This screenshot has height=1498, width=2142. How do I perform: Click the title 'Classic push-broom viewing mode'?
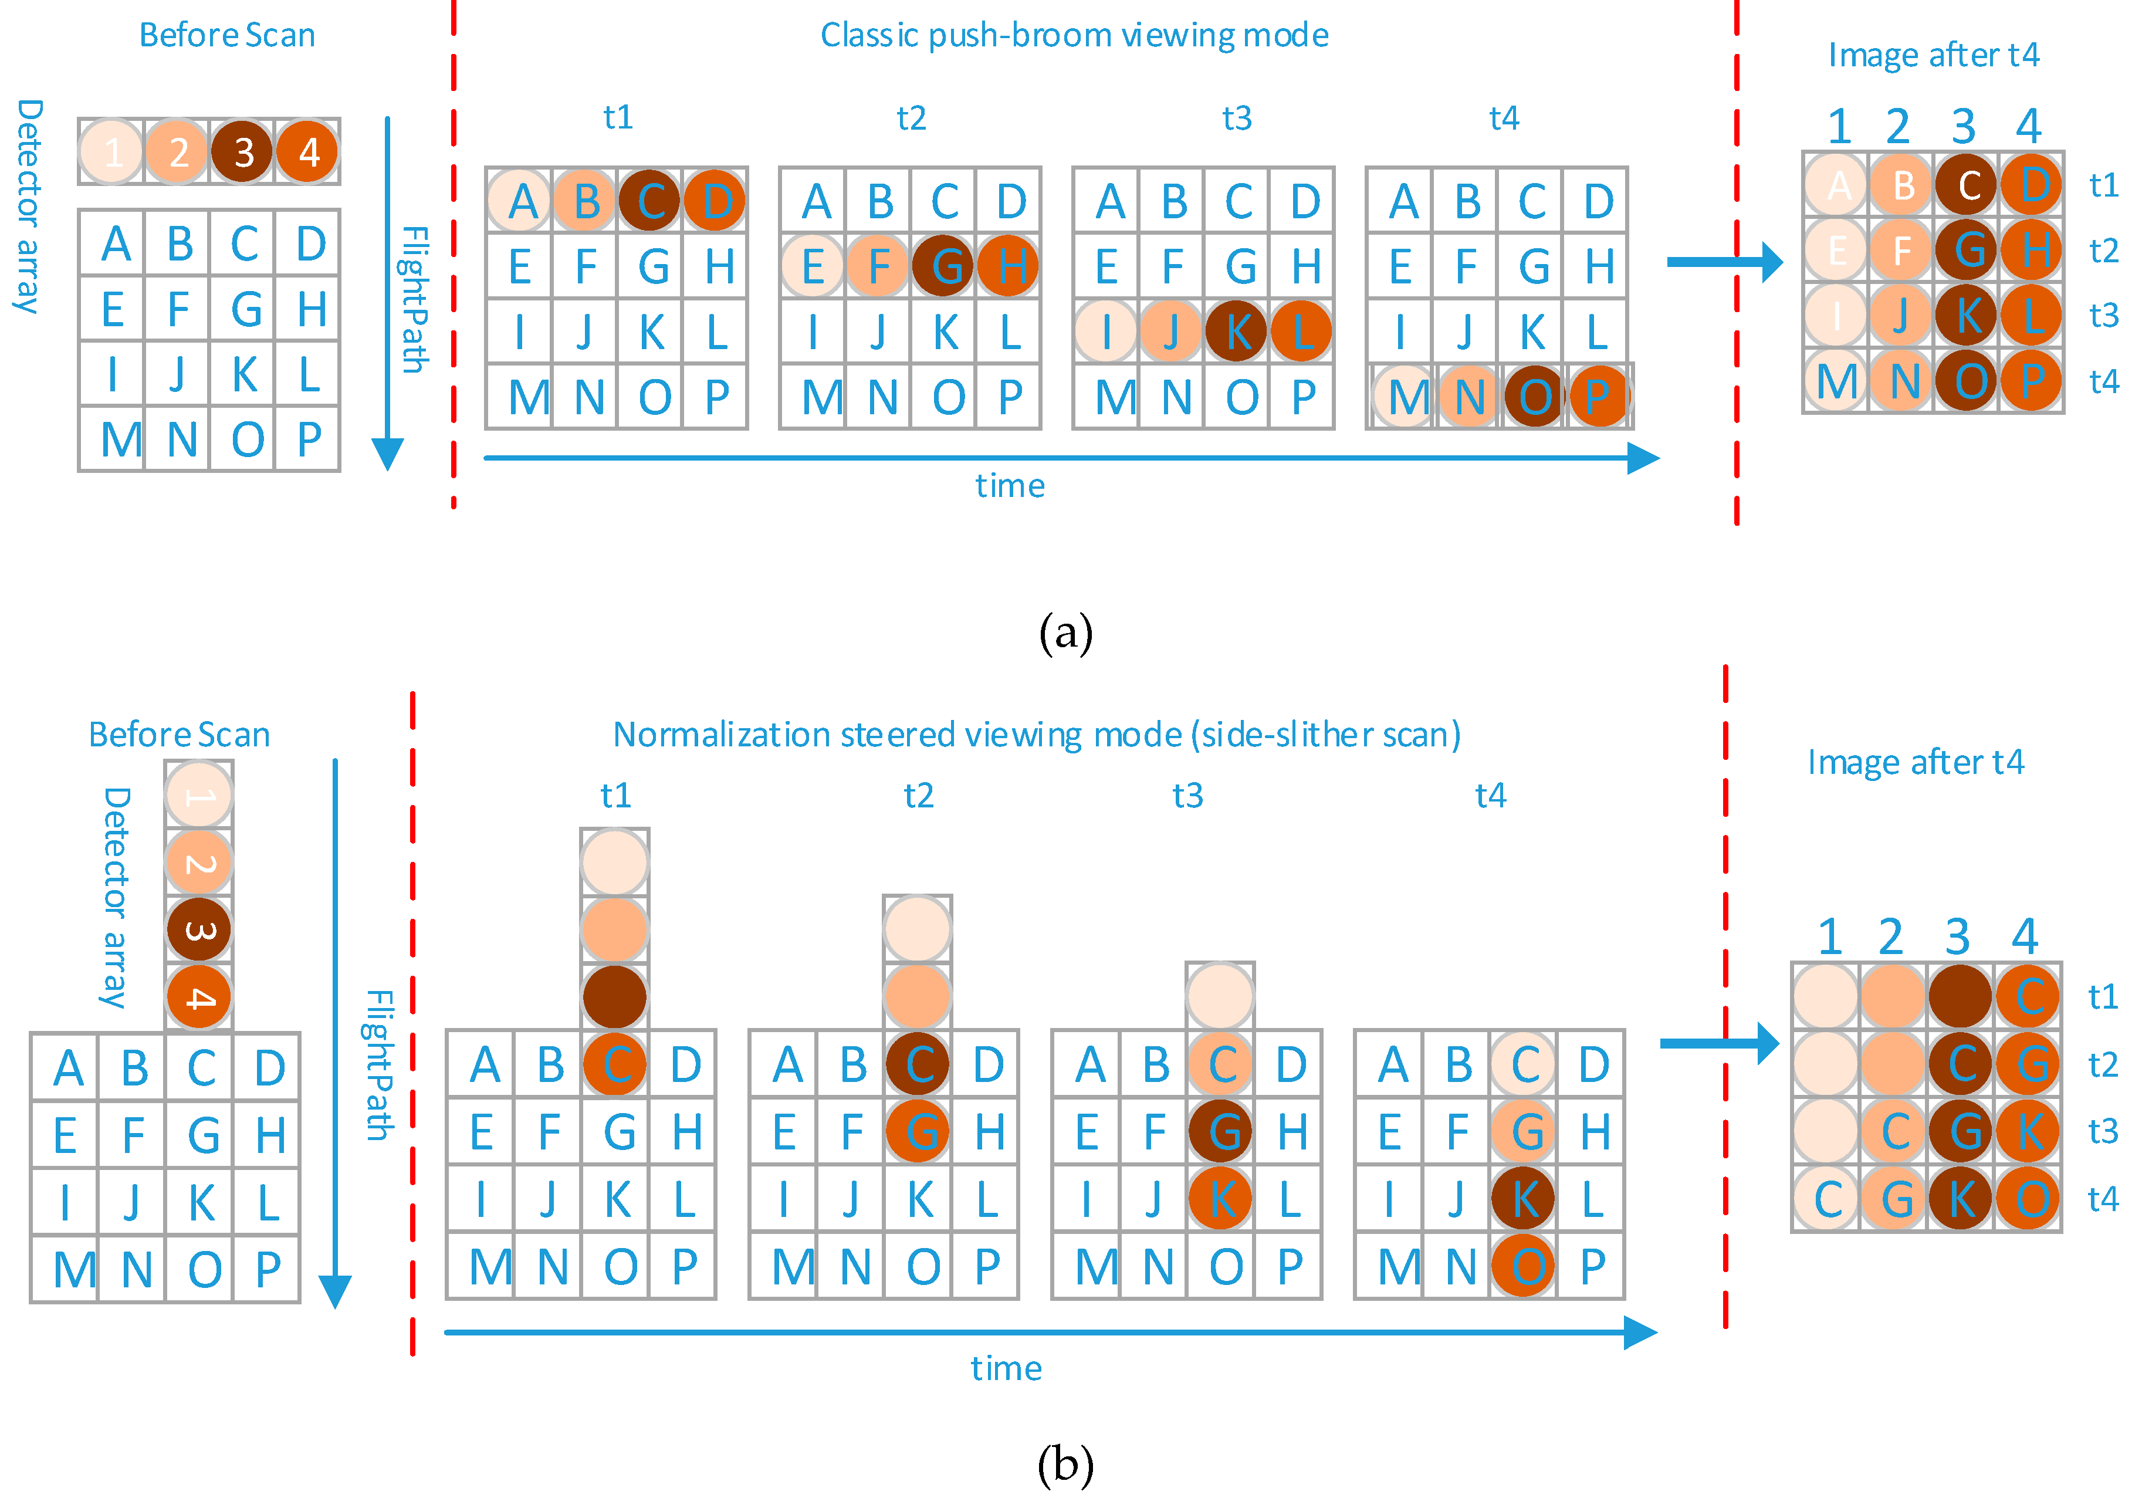click(x=1074, y=35)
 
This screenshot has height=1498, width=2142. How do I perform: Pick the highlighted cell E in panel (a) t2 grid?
click(x=813, y=266)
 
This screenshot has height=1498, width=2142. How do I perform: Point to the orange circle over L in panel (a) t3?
click(x=1301, y=331)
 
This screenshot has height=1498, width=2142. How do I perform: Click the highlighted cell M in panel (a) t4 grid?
click(x=1405, y=397)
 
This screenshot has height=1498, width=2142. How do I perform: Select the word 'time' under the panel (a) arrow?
click(x=1010, y=486)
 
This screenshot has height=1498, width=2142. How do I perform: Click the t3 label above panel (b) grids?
click(x=1187, y=796)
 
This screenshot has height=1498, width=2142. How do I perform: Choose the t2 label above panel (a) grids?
click(x=911, y=119)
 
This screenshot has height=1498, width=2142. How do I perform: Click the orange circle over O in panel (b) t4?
click(x=1524, y=1266)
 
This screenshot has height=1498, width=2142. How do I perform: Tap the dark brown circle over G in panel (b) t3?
click(x=1220, y=1131)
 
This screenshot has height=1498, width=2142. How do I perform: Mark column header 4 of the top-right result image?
click(x=2028, y=126)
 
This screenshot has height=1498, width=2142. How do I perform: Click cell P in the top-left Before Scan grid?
click(x=308, y=439)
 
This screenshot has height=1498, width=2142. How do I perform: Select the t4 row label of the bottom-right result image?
click(x=2102, y=1199)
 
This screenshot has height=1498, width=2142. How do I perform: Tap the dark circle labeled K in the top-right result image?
click(x=1965, y=315)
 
